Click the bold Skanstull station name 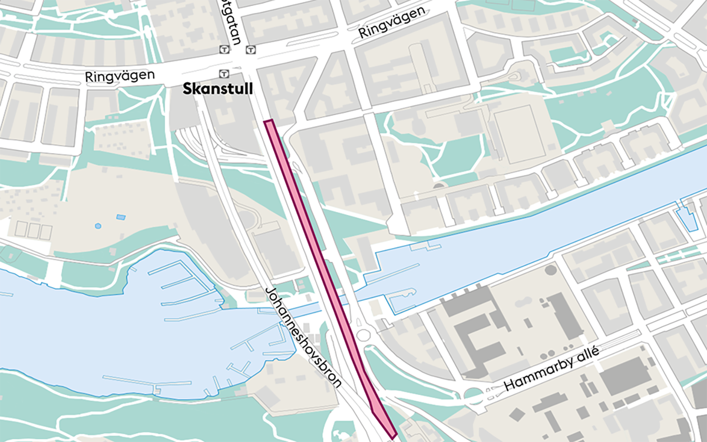point(218,90)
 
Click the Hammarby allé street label point(551,370)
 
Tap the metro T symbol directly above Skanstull point(223,74)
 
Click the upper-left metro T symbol point(223,50)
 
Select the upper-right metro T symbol point(251,50)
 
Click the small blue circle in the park point(98,226)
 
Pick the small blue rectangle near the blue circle point(121,217)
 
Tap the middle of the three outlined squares point(34,230)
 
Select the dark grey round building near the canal point(550,271)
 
